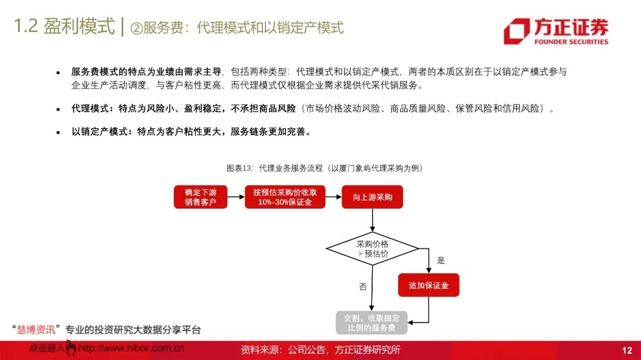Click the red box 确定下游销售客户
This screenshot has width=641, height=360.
[x=201, y=197]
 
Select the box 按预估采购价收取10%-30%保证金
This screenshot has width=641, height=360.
[x=285, y=197]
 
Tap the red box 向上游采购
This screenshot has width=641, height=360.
[x=372, y=197]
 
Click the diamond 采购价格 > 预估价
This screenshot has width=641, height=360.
[x=372, y=249]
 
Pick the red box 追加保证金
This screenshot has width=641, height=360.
[x=428, y=285]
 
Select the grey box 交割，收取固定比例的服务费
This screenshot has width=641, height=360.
[x=372, y=323]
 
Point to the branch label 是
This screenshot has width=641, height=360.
[x=440, y=260]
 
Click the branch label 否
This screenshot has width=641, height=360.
[x=363, y=287]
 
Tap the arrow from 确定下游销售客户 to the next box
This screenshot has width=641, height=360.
[x=236, y=197]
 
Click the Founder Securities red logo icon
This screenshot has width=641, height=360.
[x=516, y=31]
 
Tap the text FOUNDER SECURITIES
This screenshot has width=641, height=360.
[x=571, y=42]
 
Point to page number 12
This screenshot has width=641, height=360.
[x=627, y=351]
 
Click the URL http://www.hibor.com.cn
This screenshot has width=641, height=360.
[x=131, y=349]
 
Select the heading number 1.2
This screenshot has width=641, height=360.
[x=26, y=27]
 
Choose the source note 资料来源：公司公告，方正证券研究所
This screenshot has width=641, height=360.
[x=320, y=350]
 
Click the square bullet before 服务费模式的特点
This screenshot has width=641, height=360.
[x=58, y=72]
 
